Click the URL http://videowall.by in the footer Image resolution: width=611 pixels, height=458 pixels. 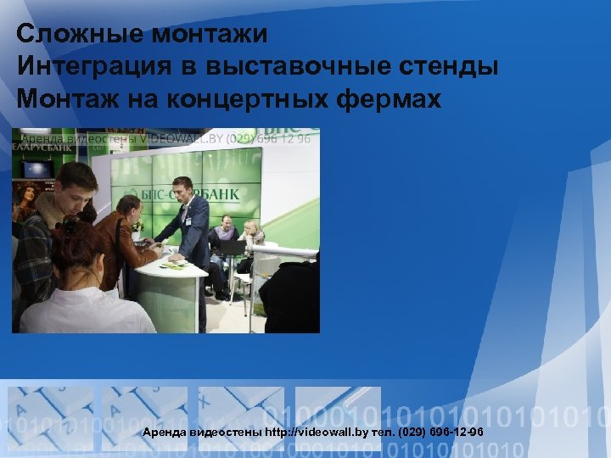click(318, 432)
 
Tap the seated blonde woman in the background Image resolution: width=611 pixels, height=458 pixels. click(252, 236)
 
